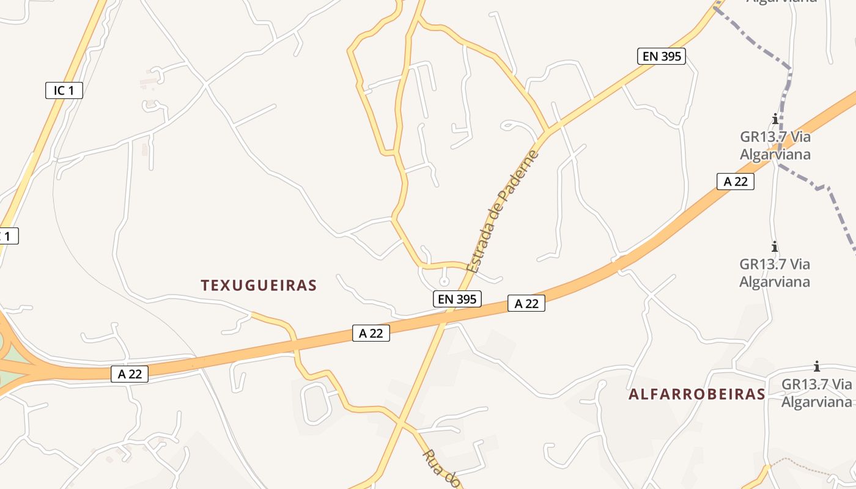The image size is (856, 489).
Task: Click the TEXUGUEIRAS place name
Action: pos(259,285)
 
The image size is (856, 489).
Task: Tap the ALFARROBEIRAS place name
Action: pos(696,394)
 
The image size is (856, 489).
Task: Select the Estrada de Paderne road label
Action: pos(503,211)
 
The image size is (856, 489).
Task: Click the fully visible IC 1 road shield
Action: pos(64,90)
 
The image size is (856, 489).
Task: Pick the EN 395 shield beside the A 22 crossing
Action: pos(457,299)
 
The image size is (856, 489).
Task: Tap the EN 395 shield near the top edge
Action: pos(661,56)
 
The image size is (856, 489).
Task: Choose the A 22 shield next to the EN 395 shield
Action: pos(526,303)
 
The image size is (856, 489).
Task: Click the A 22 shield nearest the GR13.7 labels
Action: pos(735,181)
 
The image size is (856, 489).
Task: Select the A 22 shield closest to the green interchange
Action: pos(130,374)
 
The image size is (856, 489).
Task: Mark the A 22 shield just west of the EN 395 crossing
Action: pos(371,333)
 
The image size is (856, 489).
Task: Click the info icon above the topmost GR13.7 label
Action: pos(775,119)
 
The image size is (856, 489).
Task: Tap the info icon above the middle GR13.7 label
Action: pos(775,246)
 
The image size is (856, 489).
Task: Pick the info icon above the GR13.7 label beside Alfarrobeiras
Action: pos(816,367)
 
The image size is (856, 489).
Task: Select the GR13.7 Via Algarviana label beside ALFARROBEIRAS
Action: pos(816,393)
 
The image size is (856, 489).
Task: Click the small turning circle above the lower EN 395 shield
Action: pos(444,282)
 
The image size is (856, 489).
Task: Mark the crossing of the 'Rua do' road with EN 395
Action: pos(400,421)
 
